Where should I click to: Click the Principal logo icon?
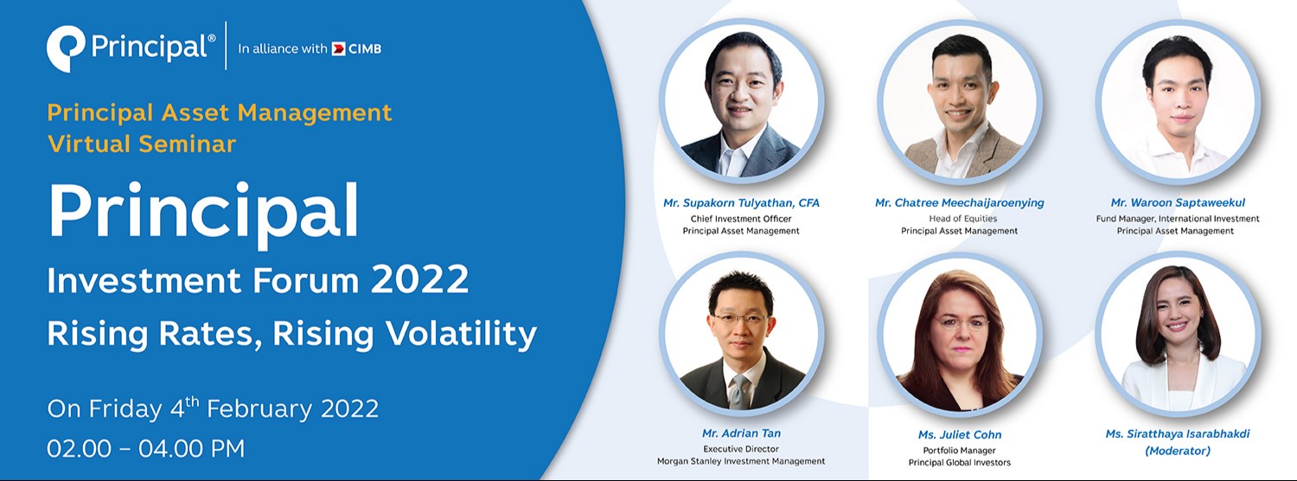(x=66, y=48)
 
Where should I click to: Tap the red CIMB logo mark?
(x=338, y=48)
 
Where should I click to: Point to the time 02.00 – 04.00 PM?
(x=146, y=448)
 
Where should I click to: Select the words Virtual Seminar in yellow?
(x=142, y=144)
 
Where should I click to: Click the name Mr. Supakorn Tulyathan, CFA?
(x=741, y=203)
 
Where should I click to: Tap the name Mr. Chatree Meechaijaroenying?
(x=959, y=203)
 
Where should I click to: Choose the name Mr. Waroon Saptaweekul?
(x=1178, y=203)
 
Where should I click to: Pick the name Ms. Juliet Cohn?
(x=959, y=434)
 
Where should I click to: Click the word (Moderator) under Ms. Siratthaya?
(x=1178, y=451)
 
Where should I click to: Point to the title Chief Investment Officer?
(x=741, y=219)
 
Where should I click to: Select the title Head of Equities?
(x=959, y=219)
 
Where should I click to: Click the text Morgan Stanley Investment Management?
(x=741, y=461)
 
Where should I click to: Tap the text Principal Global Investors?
(x=959, y=463)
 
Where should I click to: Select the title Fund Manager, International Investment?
(x=1178, y=219)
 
